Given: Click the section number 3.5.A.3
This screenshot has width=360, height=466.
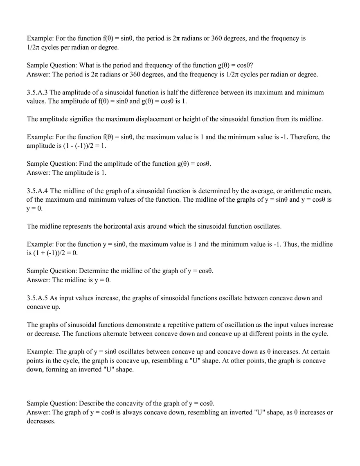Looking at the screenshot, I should click(x=37, y=92).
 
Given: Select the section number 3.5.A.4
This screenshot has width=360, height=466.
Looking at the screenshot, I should click(x=37, y=191).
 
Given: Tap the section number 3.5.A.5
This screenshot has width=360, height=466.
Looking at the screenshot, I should click(x=37, y=298).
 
